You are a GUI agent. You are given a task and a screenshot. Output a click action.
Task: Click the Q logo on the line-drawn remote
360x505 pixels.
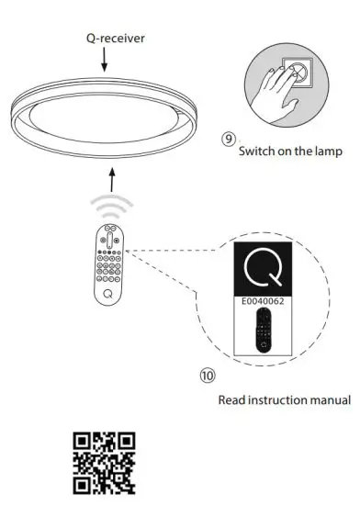pyautogui.click(x=109, y=293)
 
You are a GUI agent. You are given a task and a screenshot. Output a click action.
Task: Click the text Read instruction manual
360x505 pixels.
pyautogui.click(x=284, y=399)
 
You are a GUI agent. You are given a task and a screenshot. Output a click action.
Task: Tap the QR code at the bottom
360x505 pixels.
pyautogui.click(x=104, y=465)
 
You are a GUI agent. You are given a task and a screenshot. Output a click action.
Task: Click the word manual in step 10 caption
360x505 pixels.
pyautogui.click(x=330, y=399)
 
